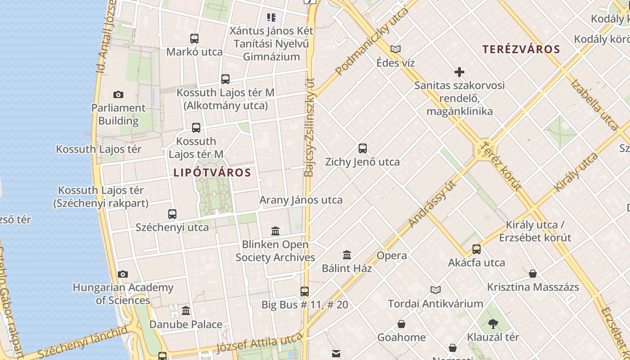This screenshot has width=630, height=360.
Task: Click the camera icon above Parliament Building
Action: [x=118, y=94]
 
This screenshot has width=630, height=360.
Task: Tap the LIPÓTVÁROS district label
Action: [x=212, y=172]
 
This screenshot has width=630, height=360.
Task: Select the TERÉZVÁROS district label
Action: [x=521, y=49]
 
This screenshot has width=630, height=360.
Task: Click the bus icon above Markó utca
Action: [x=194, y=39]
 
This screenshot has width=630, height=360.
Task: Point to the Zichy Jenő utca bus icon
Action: [x=363, y=148]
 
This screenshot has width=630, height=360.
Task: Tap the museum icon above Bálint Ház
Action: [x=347, y=255]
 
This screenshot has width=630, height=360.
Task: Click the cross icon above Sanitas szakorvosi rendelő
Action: [x=459, y=72]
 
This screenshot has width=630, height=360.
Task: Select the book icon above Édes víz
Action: [x=396, y=49]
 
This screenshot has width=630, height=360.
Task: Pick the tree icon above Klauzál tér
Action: [x=493, y=324]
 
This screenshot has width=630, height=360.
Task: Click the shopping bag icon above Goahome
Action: [x=401, y=324]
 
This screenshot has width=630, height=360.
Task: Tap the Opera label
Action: [x=391, y=256]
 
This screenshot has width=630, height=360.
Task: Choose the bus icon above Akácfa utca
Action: [x=477, y=249]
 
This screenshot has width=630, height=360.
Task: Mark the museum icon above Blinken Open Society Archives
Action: [x=275, y=231]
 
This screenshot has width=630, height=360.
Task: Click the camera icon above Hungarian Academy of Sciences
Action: [x=123, y=274]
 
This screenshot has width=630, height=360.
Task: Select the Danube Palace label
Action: [x=186, y=324]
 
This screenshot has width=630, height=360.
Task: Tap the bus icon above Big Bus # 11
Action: [x=305, y=292]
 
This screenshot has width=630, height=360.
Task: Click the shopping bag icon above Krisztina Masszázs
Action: [x=533, y=274]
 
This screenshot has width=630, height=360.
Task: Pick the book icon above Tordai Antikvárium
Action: [x=435, y=290]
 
